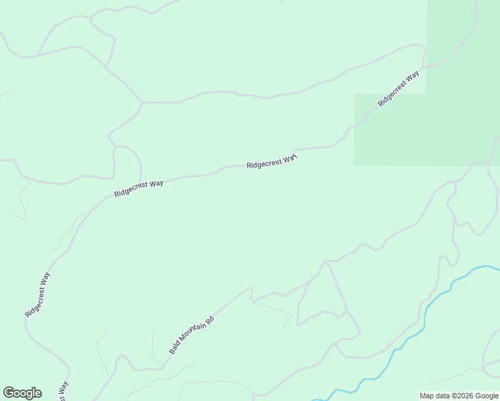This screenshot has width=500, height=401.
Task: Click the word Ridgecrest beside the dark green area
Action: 392,93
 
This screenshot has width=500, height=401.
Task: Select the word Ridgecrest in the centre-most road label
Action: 263,163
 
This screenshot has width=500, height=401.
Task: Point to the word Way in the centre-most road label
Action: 289,159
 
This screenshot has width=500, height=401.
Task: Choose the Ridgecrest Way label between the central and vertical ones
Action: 138,188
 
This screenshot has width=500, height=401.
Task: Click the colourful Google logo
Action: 22,393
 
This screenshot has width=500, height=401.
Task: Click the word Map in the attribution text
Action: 426,396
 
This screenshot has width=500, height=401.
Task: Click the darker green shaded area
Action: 461,100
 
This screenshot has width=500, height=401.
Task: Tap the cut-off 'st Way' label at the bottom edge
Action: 64,392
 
